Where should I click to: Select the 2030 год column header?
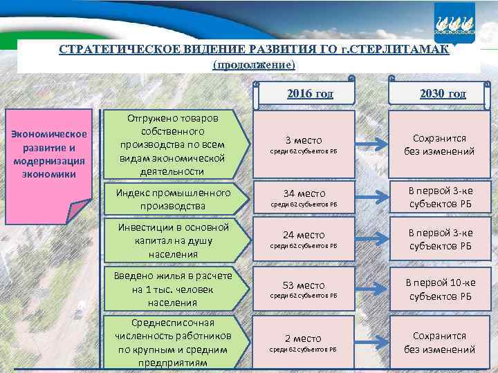442,94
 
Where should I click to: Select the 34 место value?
304,193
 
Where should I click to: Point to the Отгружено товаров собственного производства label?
173,144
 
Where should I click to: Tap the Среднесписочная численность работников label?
173,342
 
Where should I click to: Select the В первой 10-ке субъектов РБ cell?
440,290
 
